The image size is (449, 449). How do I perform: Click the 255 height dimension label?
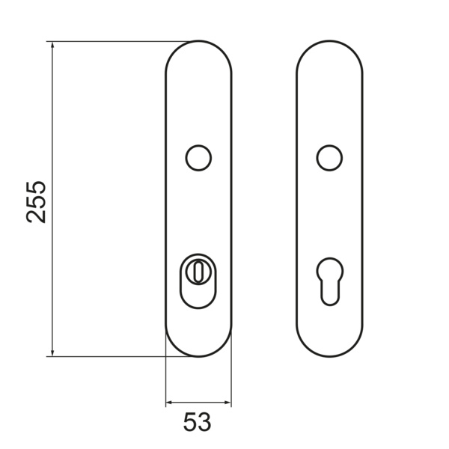click(x=36, y=202)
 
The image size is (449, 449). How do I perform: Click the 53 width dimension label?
click(x=197, y=422)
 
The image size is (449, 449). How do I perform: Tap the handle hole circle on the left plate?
click(x=198, y=158)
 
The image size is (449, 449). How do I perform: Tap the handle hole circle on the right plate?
click(x=329, y=158)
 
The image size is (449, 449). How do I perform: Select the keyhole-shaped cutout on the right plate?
click(x=329, y=281)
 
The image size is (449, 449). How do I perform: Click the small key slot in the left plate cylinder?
click(x=198, y=271)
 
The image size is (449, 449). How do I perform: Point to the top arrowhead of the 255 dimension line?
click(x=52, y=45)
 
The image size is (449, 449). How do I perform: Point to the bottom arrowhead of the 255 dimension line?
click(x=52, y=352)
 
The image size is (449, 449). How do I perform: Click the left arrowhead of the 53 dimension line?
click(x=170, y=403)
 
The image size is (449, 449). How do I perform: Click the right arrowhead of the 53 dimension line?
click(x=227, y=403)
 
